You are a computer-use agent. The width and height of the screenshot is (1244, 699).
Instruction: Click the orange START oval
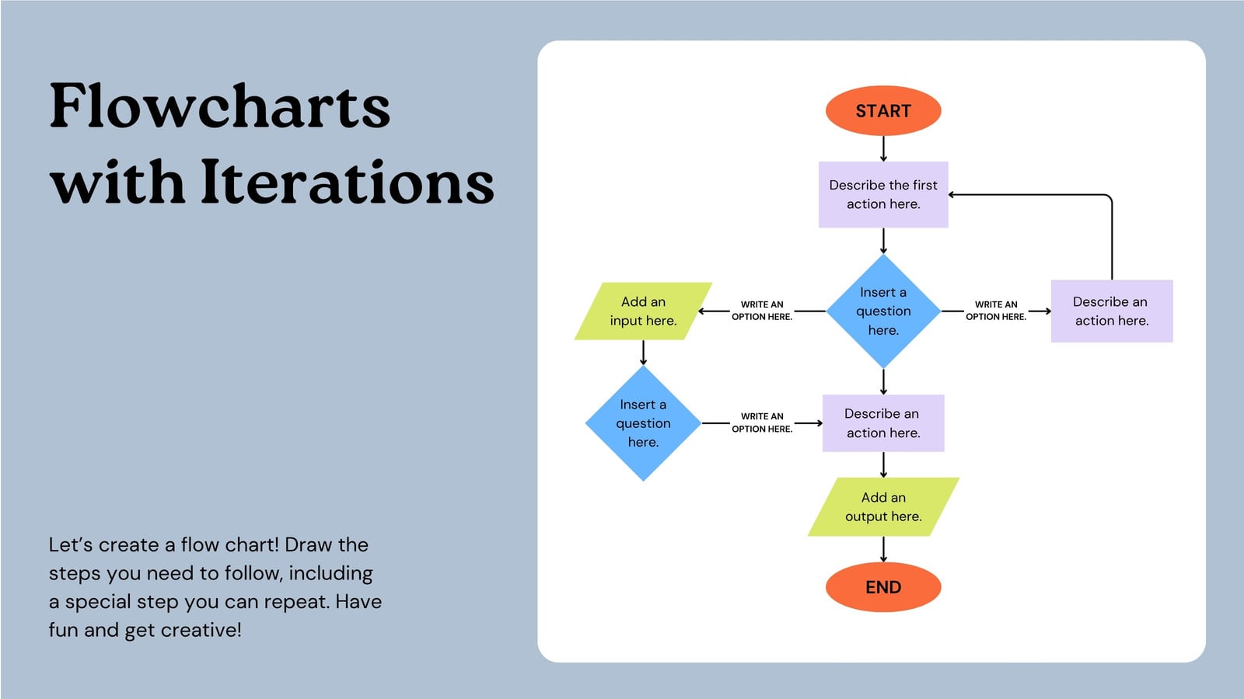[x=883, y=111]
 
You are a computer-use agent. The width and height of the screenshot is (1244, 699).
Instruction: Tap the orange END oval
[x=883, y=587]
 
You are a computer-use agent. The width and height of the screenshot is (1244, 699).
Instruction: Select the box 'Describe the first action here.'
[x=883, y=194]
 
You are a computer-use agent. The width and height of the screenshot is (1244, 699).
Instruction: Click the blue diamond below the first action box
[x=883, y=311]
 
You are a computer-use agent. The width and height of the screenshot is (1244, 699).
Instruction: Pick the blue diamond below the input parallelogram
[x=643, y=423]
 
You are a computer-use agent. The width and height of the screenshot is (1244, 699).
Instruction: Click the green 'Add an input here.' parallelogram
[x=643, y=311]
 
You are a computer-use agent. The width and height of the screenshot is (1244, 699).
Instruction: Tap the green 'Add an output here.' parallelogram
[x=883, y=506]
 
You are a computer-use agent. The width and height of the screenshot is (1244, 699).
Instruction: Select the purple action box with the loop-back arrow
[x=1111, y=311]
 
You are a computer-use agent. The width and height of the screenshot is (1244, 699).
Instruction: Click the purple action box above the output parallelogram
[x=883, y=423]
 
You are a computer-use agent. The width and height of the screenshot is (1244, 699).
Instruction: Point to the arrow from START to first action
[x=883, y=148]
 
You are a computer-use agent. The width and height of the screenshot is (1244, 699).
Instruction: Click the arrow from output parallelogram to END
[x=883, y=549]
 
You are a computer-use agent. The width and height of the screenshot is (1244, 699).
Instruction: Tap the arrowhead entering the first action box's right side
[x=952, y=195]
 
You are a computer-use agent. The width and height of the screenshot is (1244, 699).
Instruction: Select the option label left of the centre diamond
[x=762, y=311]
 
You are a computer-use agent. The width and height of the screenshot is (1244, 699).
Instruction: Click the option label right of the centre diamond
[x=996, y=311]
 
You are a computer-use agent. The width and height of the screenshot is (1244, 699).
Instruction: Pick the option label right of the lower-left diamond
[x=762, y=423]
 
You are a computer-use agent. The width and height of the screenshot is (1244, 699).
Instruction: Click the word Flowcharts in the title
[x=220, y=106]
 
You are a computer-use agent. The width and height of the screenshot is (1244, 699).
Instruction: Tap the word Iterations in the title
[x=348, y=183]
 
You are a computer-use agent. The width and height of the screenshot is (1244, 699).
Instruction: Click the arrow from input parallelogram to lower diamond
[x=643, y=353]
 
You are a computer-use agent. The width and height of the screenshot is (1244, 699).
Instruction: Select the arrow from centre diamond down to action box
[x=883, y=381]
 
